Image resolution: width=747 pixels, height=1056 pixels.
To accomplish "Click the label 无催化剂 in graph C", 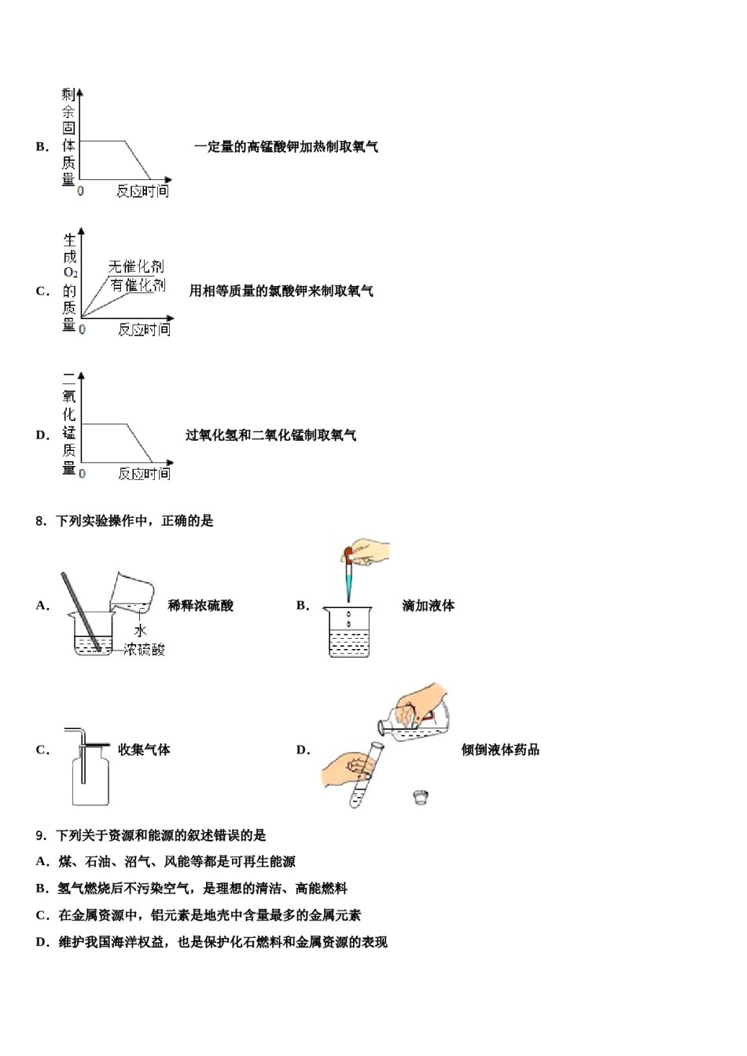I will coord(136,266).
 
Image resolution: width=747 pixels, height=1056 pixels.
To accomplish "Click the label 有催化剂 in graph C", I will coord(138,285).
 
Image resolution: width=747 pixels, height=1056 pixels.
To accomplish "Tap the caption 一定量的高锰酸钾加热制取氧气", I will coord(286,147).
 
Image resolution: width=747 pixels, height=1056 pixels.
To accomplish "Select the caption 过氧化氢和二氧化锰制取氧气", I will coord(271,435).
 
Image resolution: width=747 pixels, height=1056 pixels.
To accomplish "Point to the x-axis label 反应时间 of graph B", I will coord(142,191).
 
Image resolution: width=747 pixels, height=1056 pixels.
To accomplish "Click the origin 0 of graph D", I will coord(82,474).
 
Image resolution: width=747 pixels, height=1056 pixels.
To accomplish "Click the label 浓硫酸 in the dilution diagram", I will coord(145,650).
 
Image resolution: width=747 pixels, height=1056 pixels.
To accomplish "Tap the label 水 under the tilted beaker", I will coord(140,630).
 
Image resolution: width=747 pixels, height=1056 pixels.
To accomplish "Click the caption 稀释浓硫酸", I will coord(201,606).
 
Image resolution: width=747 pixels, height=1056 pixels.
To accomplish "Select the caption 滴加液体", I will coord(428,606).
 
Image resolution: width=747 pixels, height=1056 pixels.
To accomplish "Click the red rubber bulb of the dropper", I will coord(348,555).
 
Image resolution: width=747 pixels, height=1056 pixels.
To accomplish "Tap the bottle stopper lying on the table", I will coord(421,797).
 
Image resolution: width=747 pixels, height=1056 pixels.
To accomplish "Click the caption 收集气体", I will coord(144,750).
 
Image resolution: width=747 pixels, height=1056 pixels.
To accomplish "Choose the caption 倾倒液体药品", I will coord(500,750).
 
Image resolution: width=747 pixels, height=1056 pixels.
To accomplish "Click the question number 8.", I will coord(41,521).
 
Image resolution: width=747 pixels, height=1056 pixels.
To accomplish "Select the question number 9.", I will coord(41,836).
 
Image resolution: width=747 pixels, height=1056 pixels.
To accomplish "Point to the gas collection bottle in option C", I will coord(90,778).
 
